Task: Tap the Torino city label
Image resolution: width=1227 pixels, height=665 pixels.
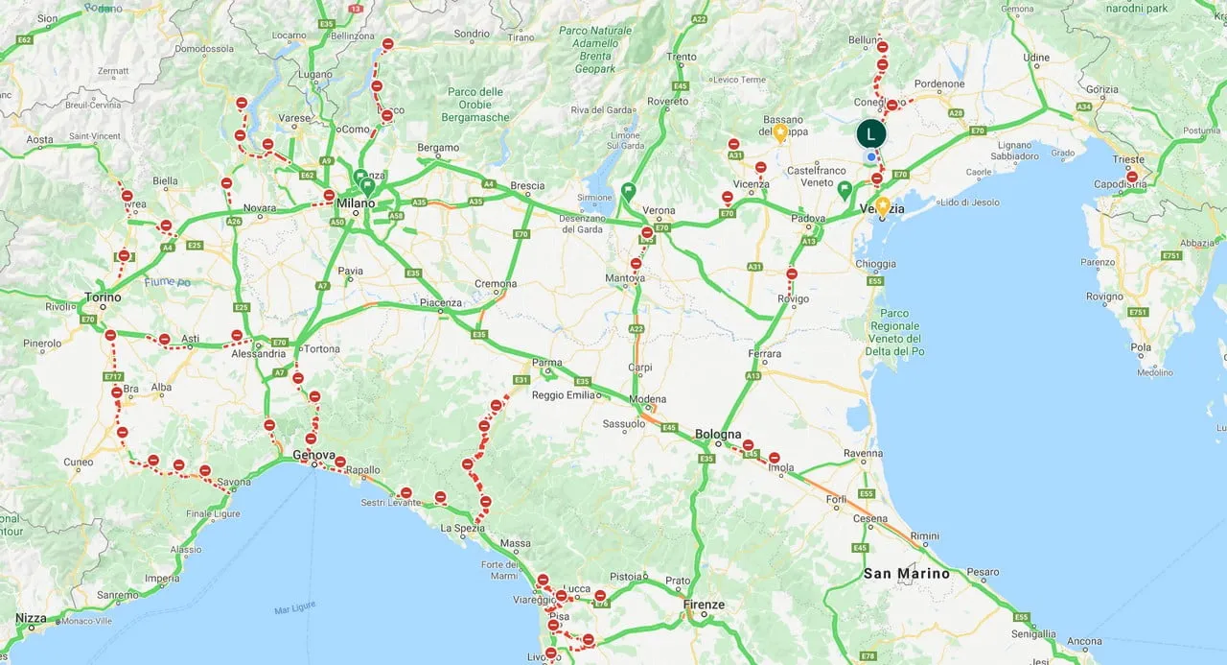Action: tap(103, 297)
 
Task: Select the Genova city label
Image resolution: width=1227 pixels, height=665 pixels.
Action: tap(313, 455)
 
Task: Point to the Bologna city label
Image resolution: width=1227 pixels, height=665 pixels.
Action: tap(719, 434)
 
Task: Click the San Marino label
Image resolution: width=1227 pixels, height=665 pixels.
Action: tap(906, 574)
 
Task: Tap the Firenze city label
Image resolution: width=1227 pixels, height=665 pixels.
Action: tap(705, 605)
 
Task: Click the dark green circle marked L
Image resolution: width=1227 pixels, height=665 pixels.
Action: tap(870, 133)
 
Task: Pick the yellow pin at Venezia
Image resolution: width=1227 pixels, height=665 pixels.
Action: tap(882, 205)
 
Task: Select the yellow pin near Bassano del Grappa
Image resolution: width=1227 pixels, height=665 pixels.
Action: tap(780, 131)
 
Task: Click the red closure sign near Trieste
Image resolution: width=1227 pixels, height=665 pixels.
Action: tap(1131, 177)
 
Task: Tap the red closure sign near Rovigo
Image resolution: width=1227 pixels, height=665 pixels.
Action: tap(791, 274)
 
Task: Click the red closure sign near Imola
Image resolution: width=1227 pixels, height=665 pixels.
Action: tap(774, 458)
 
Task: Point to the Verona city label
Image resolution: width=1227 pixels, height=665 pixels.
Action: tap(659, 210)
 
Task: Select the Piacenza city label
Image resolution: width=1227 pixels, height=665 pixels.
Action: tap(441, 302)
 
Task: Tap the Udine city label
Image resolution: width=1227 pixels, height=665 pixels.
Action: tap(1036, 58)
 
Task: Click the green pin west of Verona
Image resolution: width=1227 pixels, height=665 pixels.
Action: tap(628, 190)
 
